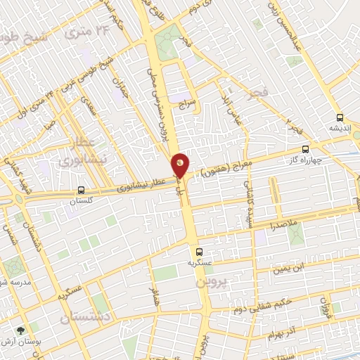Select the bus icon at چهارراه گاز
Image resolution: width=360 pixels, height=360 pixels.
tap(305, 149)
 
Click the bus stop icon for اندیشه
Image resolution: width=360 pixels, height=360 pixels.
tap(340, 117)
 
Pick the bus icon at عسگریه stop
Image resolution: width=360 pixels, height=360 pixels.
tap(198, 251)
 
